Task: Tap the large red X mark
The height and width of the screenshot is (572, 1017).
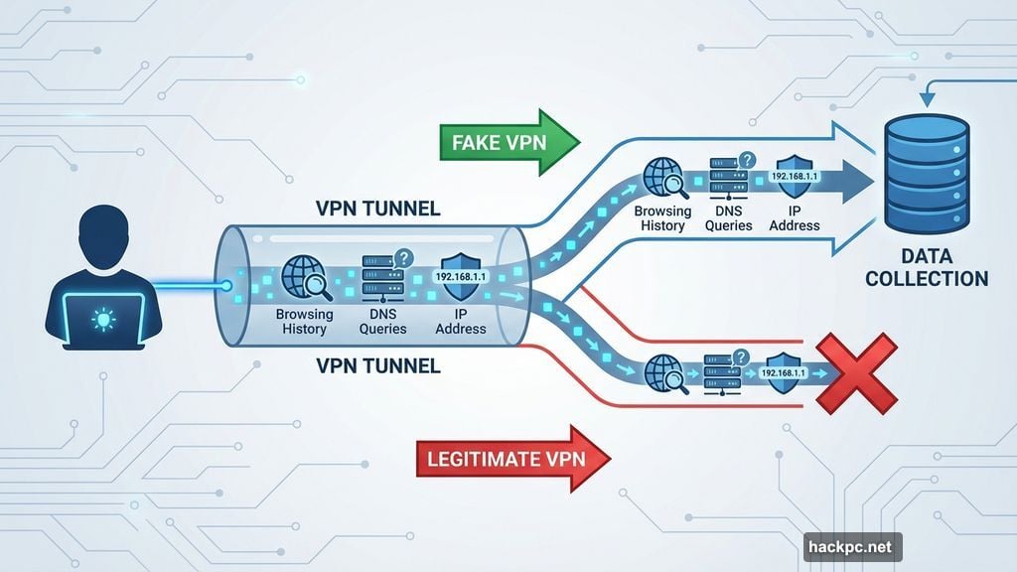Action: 855,373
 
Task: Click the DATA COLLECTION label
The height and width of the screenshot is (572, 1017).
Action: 926,267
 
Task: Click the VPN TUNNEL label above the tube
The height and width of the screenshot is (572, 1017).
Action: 378,210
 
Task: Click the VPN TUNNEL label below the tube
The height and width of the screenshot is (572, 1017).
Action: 377,365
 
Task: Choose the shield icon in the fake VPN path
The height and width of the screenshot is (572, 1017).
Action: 795,179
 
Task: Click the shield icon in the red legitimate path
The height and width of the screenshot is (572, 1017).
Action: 784,372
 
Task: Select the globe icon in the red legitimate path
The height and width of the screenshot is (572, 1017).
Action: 662,372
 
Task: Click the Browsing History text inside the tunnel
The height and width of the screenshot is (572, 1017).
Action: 304,322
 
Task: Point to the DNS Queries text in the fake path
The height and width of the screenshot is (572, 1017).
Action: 729,218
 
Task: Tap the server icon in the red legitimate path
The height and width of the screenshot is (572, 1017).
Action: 723,372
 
